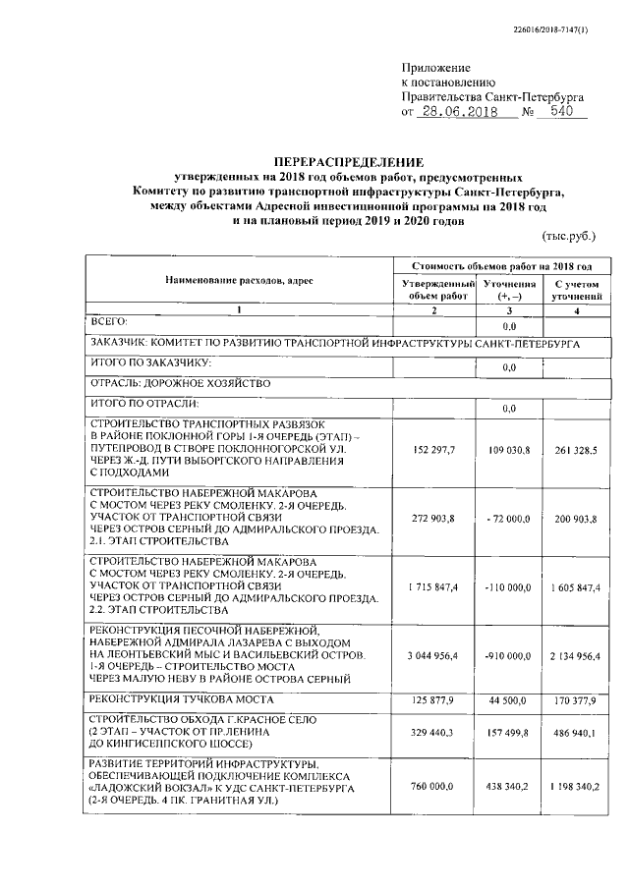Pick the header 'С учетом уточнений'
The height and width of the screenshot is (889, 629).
point(577,289)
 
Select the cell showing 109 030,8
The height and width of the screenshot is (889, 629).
point(508,450)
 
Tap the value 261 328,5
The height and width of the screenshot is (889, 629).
point(577,450)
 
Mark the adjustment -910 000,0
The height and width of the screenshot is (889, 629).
point(508,655)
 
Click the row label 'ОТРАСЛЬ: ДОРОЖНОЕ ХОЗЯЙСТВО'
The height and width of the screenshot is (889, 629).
point(179,382)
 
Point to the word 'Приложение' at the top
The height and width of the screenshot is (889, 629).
point(430,66)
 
